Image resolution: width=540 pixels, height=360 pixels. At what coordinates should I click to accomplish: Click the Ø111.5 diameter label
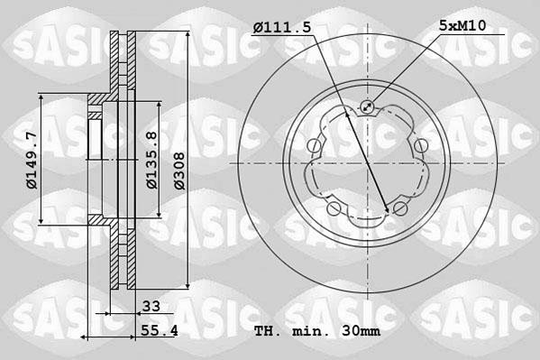click(282, 28)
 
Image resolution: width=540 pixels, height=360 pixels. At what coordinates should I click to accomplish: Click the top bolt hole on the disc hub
click(367, 108)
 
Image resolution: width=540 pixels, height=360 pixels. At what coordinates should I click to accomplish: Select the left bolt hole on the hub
click(313, 146)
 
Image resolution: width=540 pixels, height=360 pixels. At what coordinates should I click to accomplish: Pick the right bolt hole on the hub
click(421, 146)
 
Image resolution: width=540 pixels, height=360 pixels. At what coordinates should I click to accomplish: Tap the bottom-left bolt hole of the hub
click(334, 209)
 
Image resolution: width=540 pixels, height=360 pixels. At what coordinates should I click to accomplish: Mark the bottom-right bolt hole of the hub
click(400, 209)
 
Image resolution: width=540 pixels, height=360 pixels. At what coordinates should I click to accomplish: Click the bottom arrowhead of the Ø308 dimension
click(188, 287)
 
